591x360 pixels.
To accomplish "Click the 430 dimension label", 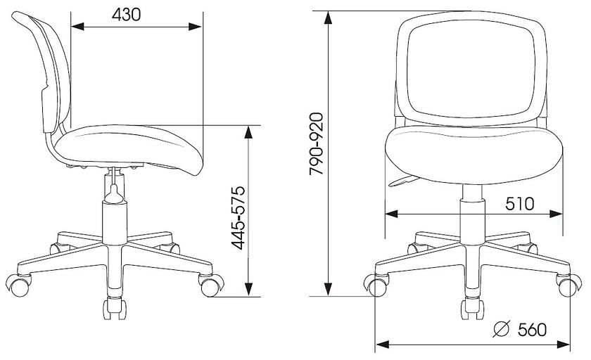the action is coord(126,15).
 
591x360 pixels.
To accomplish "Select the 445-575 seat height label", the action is coord(239,218).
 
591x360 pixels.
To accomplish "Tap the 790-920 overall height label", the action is coord(316,143).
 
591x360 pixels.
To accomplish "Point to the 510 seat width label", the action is coord(520,204).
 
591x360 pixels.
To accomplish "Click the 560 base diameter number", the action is coord(532,330).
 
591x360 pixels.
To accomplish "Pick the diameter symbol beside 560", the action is coord(502,329).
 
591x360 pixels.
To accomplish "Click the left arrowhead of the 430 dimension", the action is coord(77,26).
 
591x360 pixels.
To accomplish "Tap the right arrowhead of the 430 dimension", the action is coord(195,26).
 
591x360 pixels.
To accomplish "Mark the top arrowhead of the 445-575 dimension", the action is coord(248,132).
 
